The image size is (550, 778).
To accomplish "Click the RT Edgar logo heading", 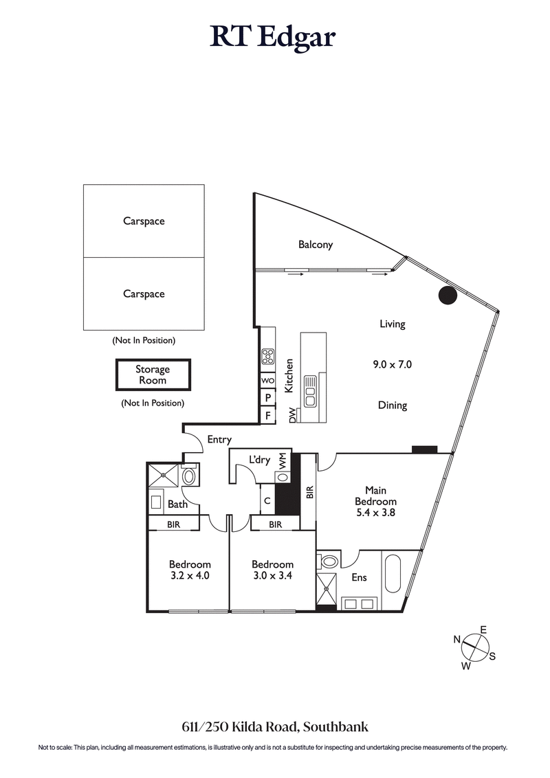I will tap(273, 37).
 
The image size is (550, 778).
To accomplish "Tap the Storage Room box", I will tap(152, 375).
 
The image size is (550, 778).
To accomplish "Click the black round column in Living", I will tap(448, 296).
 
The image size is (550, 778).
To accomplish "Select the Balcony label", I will tap(316, 245).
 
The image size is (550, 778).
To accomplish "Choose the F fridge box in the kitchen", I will tap(267, 415).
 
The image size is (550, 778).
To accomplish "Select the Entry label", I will tap(219, 440).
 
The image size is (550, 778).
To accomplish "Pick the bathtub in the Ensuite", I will tap(394, 574).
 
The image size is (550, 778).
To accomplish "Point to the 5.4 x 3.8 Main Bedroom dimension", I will tap(375, 512).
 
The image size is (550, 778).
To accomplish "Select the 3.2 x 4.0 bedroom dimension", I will tap(189, 576).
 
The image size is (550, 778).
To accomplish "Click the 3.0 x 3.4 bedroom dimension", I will tap(272, 576).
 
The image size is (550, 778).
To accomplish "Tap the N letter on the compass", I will tap(456, 639).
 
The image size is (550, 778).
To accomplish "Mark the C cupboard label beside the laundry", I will tap(266, 500).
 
